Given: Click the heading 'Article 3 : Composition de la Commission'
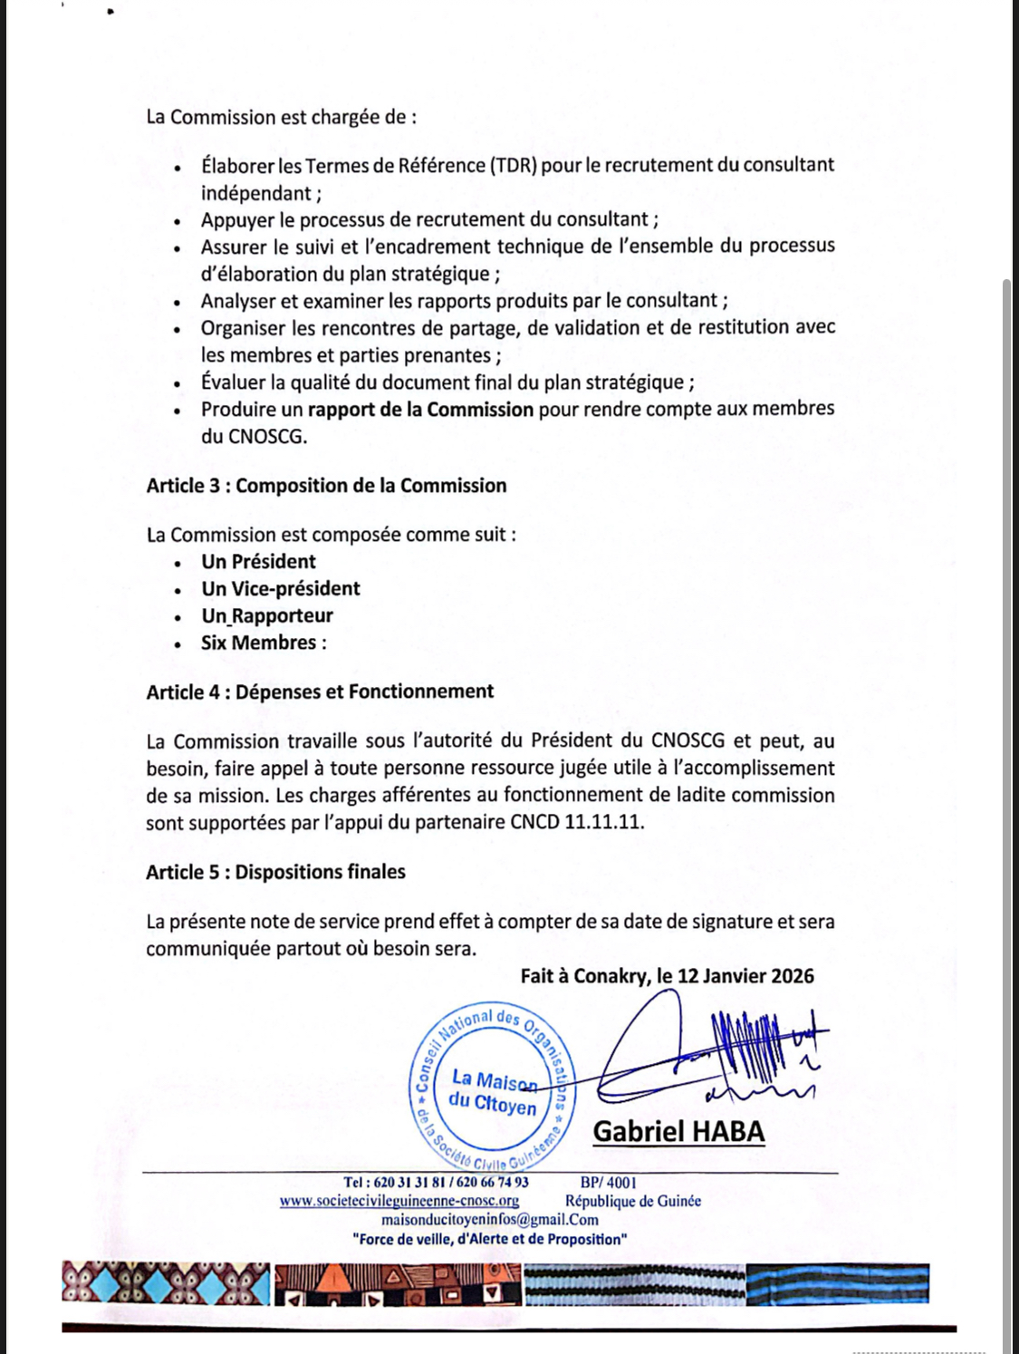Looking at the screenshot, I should point(326,486).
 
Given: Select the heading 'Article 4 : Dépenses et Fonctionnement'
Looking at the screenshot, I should point(320,692).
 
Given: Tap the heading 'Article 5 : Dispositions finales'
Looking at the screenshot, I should point(275,872).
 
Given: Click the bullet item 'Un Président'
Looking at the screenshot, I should point(258,562).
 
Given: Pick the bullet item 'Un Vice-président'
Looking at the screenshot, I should point(280,589).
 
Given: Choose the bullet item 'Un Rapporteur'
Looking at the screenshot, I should point(267,616).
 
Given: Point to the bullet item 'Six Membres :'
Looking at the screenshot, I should point(264,643).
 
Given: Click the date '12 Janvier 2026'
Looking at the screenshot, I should point(745,976).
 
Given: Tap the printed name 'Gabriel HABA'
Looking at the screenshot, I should point(678,1132).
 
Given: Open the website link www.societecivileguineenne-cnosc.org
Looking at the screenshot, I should point(399,1201).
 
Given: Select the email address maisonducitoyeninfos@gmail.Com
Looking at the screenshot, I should point(490,1220).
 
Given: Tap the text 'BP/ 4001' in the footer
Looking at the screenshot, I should point(608,1182).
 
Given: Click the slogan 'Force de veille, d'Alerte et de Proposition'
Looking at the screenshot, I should point(489,1240).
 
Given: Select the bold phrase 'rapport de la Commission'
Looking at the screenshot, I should point(420,410).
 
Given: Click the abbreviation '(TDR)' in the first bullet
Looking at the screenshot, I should point(514,165).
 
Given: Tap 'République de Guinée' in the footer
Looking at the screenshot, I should point(633,1201).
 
